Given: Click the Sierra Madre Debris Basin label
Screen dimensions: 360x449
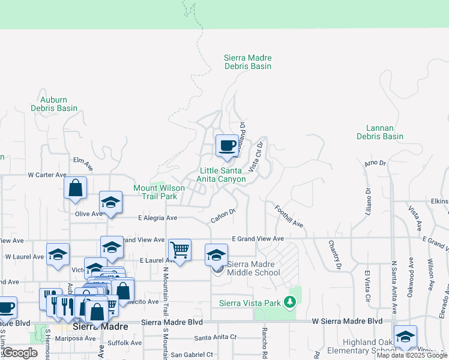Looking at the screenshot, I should [x=248, y=62].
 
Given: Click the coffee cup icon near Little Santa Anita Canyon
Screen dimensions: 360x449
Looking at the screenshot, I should [x=227, y=146].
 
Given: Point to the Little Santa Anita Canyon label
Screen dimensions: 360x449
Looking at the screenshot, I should [x=223, y=175].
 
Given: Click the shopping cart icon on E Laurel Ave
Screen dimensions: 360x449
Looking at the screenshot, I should [x=179, y=249].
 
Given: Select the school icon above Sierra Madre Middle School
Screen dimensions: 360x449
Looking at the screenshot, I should [x=217, y=255].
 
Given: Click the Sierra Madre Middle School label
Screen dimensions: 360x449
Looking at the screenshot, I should [x=250, y=268].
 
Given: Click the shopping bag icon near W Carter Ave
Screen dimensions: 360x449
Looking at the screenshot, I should [x=76, y=188].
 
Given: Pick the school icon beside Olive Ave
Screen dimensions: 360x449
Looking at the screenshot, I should [x=111, y=203].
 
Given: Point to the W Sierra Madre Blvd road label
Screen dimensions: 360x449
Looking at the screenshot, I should [x=347, y=322].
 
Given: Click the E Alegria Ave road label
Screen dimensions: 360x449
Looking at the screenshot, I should [x=157, y=218].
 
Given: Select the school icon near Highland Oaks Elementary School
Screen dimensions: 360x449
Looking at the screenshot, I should [x=405, y=337].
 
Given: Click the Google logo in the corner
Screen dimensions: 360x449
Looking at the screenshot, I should [x=20, y=353].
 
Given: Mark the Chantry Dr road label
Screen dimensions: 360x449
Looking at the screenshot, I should [x=334, y=254].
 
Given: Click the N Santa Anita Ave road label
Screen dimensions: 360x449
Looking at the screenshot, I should [x=394, y=286].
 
